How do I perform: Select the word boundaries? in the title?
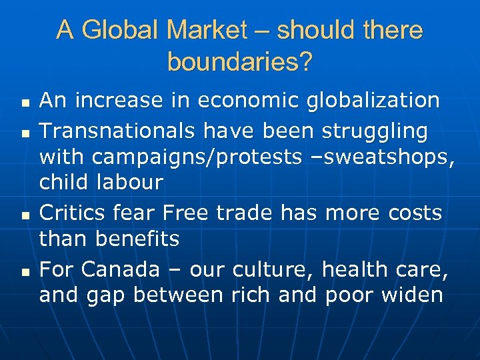pyautogui.click(x=239, y=62)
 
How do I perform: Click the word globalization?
pyautogui.click(x=373, y=101)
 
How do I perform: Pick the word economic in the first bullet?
pyautogui.click(x=249, y=101)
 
